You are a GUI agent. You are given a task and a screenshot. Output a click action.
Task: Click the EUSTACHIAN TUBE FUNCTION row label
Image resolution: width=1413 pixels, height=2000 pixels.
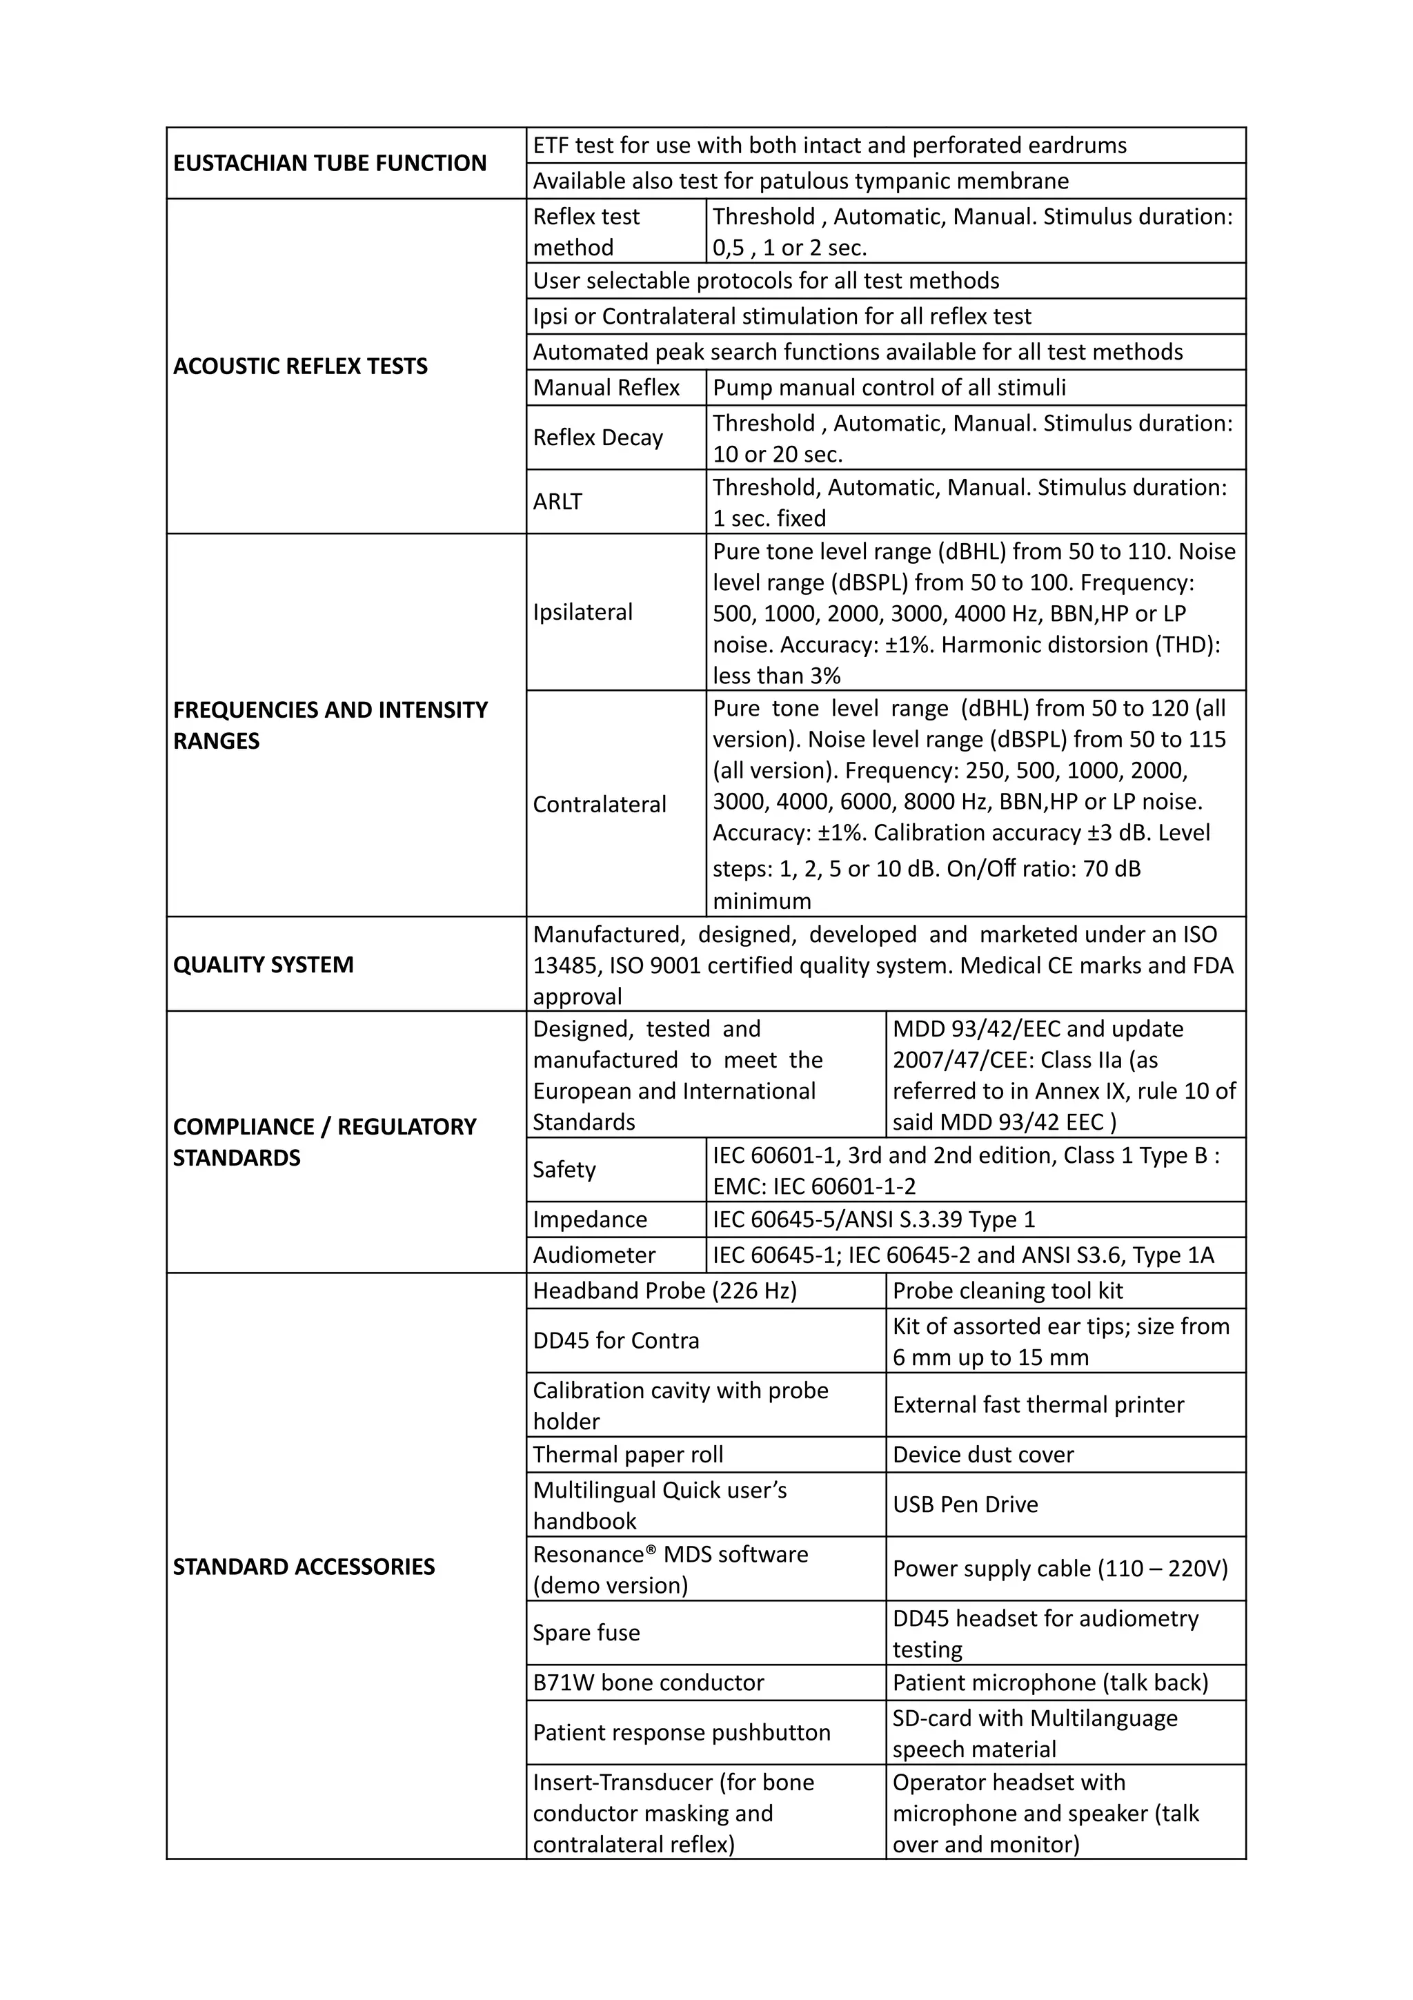330,163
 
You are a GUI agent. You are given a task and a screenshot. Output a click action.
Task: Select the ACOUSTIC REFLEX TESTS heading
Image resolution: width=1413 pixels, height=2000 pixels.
300,366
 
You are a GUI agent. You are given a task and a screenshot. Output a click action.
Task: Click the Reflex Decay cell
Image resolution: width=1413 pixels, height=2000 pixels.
598,438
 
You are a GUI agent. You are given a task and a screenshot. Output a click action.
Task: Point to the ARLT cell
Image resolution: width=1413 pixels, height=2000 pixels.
557,502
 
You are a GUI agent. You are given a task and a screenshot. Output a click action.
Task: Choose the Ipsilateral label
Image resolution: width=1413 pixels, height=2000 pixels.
582,612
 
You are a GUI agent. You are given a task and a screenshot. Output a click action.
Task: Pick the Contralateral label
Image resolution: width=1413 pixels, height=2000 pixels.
599,804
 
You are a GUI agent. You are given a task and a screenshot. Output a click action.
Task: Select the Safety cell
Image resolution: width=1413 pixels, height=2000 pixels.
564,1169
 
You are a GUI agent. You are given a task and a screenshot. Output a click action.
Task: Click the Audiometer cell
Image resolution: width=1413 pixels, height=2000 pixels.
594,1255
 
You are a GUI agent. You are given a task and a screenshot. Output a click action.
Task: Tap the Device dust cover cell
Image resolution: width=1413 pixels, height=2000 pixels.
983,1454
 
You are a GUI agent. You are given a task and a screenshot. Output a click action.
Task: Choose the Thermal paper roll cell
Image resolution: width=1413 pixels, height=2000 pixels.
628,1454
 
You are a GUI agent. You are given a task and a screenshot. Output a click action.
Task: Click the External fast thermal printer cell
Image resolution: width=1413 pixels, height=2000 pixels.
1038,1404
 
